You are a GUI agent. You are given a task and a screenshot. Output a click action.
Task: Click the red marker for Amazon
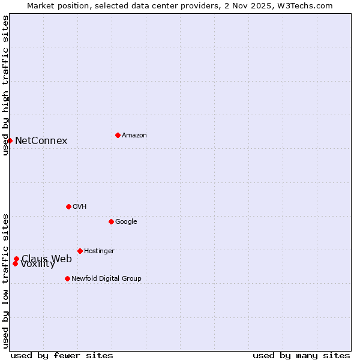coord(118,135)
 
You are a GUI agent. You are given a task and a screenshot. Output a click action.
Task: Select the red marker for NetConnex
coord(10,140)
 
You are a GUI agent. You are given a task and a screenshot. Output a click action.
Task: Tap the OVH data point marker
coord(68,206)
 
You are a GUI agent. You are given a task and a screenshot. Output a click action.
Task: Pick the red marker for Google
coord(111,221)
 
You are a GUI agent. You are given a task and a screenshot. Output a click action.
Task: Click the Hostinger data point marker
coord(80,251)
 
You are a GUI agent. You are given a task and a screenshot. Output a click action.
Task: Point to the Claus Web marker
coord(16,259)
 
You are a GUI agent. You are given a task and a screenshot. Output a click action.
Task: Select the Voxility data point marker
coord(15,263)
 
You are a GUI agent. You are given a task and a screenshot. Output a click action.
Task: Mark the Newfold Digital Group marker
coord(67,278)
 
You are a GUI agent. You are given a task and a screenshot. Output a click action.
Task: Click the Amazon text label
coord(134,135)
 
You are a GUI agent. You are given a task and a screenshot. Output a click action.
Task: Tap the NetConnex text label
coord(41,141)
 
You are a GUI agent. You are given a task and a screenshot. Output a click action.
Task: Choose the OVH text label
coord(80,206)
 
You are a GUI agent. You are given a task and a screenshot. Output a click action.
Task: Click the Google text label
coord(126,221)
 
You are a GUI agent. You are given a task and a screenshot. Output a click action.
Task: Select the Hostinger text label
coord(99,251)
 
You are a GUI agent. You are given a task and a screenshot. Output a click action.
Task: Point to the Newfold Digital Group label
coord(106,278)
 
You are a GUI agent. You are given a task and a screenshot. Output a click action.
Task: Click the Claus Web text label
coord(47,258)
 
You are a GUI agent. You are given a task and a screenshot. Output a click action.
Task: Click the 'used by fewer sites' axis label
coord(62,355)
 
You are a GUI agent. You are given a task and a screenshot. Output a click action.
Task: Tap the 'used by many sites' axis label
coord(301,355)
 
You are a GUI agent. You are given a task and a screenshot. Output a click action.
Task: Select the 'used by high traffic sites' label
coord(5,85)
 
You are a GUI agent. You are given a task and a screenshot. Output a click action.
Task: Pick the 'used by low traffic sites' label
coord(5,280)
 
